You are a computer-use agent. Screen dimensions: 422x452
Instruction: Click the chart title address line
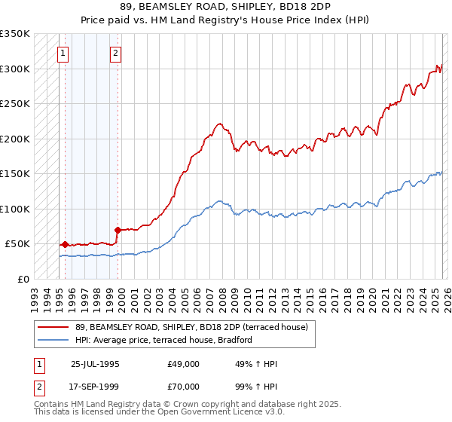coord(225,7)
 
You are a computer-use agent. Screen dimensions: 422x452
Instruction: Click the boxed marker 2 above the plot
coord(115,53)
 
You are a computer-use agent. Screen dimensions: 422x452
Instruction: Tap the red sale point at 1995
coord(66,244)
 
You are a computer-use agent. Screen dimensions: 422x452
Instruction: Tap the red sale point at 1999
coord(118,230)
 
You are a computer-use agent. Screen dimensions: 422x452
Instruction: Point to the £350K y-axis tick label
coord(15,34)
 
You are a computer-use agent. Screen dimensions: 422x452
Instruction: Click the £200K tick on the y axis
coord(15,139)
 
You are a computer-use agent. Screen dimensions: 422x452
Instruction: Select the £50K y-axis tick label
coord(18,244)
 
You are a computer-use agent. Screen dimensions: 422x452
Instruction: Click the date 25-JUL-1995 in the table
coord(95,364)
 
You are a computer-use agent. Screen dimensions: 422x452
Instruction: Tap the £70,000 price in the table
coord(184,387)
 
